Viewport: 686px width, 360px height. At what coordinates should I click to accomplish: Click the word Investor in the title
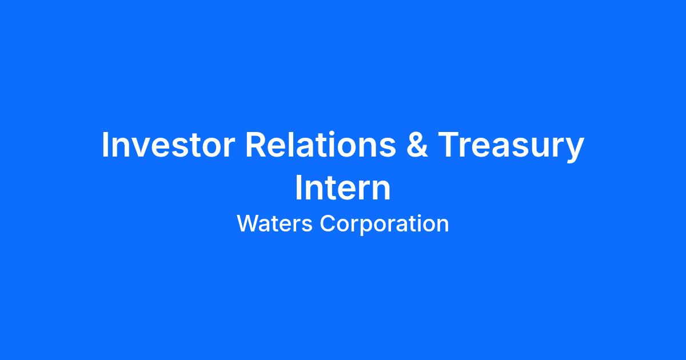(x=168, y=145)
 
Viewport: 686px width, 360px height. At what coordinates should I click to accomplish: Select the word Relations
(x=321, y=145)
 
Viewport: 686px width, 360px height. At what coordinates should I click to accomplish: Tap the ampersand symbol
(x=417, y=145)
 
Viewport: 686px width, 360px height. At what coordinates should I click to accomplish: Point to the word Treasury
(x=511, y=147)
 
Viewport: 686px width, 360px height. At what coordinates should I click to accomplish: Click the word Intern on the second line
(x=343, y=187)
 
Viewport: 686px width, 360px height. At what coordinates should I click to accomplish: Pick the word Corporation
(x=384, y=225)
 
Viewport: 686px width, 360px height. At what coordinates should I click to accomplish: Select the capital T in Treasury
(x=449, y=145)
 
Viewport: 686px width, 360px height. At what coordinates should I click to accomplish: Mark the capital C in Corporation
(x=328, y=223)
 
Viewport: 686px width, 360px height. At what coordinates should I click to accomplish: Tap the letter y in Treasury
(x=574, y=151)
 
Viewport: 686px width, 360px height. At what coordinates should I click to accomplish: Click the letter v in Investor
(x=137, y=148)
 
